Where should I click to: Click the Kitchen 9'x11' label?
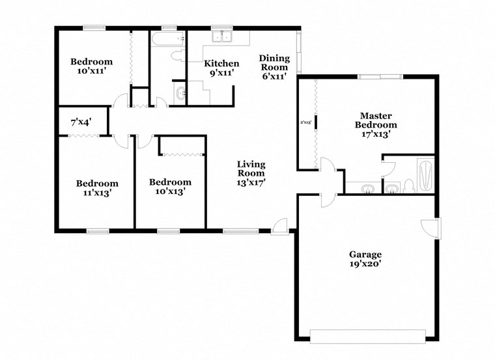tap(221, 68)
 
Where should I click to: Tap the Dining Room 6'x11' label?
tap(274, 66)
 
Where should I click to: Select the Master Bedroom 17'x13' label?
tap(375, 124)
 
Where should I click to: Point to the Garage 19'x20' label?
tap(365, 259)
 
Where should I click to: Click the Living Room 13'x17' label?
tap(251, 173)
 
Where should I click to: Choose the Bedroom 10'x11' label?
tap(92, 66)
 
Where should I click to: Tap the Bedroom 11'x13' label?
tap(97, 187)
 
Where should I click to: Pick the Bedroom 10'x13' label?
tap(170, 186)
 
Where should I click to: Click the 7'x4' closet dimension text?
tap(81, 121)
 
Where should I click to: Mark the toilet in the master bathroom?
tap(408, 187)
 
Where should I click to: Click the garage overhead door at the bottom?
tap(368, 336)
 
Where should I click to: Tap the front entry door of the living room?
tap(280, 225)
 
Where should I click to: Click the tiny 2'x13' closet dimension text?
tap(305, 121)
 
